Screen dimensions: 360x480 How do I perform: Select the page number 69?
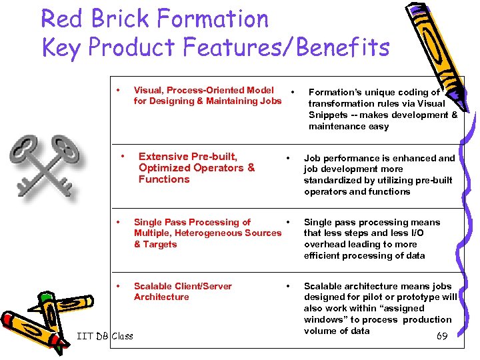(x=442, y=336)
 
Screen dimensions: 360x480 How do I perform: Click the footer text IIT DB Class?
(x=105, y=335)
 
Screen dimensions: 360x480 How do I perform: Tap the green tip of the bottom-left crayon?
(x=46, y=296)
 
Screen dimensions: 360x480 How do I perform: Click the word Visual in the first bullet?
(x=149, y=90)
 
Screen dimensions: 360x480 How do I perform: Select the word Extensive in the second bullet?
(x=164, y=157)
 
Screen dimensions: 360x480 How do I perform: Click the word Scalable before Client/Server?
(x=154, y=286)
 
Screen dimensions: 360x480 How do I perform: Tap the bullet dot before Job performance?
(x=287, y=158)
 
